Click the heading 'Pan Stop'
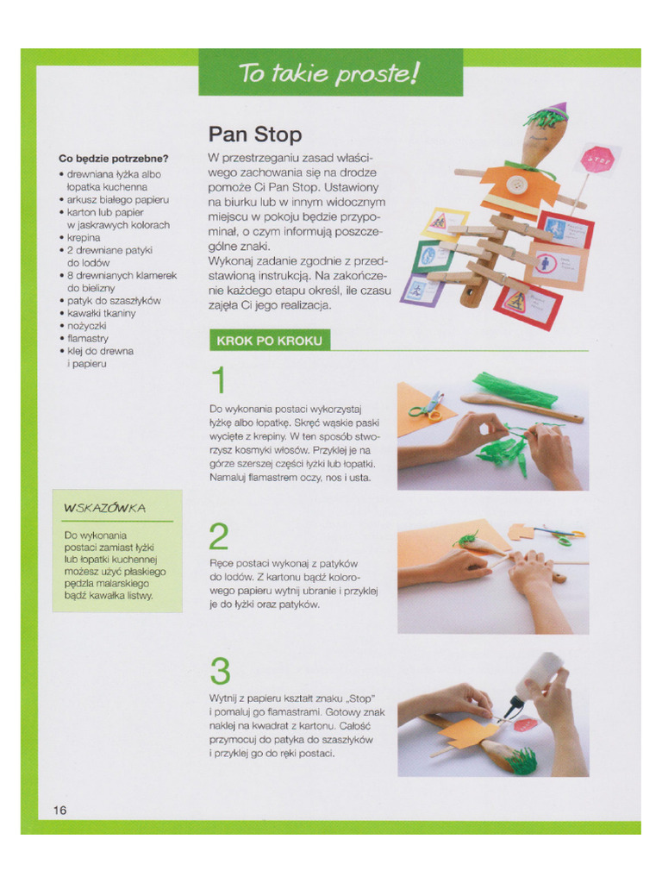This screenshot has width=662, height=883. tap(255, 135)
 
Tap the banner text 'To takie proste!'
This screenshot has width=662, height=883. tap(329, 73)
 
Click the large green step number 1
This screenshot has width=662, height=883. tap(219, 382)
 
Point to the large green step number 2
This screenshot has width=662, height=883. tap(219, 536)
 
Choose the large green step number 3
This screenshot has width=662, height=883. tap(220, 672)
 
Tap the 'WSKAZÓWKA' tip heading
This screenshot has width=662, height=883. tap(104, 508)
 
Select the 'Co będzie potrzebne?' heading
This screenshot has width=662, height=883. tap(113, 159)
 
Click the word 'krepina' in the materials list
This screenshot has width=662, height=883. tap(84, 237)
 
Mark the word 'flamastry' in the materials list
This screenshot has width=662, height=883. tap(90, 339)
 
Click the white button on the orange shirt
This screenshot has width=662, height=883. tap(516, 185)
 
